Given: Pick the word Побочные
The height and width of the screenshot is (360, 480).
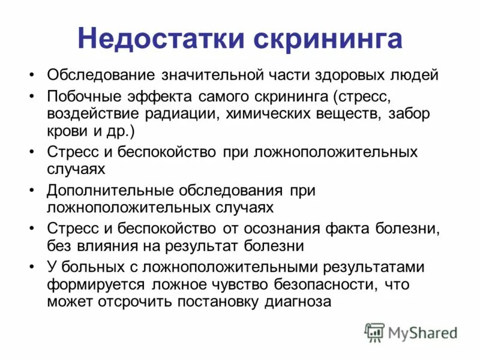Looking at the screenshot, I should pyautogui.click(x=82, y=96).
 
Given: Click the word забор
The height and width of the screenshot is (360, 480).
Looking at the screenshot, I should pyautogui.click(x=409, y=114).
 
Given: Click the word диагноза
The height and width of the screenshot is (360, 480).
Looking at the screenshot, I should pyautogui.click(x=298, y=301).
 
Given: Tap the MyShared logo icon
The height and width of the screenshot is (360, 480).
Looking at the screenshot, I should pyautogui.click(x=375, y=332).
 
